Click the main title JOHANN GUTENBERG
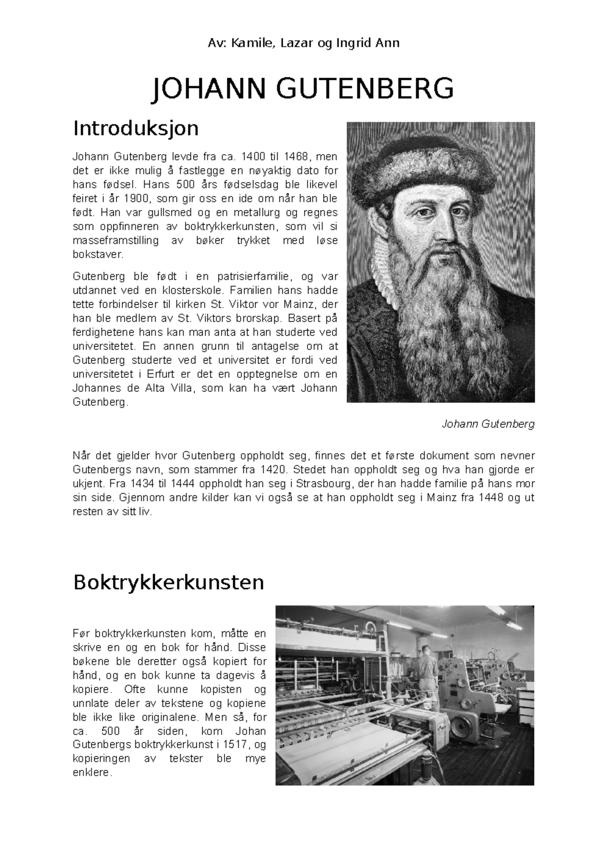tap(303, 89)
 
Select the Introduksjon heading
tap(136, 128)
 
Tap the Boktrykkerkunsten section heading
tap(168, 582)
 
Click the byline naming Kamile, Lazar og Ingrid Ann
tap(303, 44)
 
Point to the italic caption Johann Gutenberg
tap(488, 424)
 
